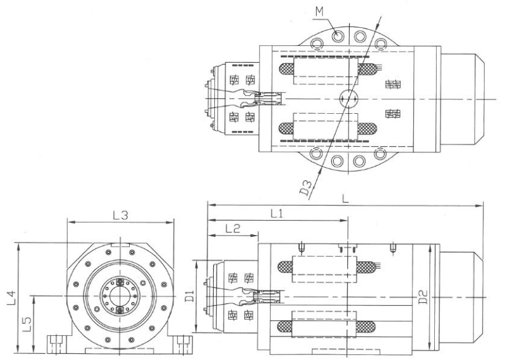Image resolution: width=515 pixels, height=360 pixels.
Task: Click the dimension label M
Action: [x=319, y=12]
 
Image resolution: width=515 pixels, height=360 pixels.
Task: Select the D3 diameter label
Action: [x=306, y=188]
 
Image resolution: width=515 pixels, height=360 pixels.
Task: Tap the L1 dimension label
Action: [x=276, y=214]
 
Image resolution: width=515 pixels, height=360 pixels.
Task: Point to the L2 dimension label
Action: [x=233, y=228]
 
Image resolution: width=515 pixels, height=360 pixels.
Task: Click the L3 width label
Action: [x=120, y=215]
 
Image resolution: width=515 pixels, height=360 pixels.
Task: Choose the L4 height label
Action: [x=12, y=297]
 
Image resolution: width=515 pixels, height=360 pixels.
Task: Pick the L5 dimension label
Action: [x=27, y=324]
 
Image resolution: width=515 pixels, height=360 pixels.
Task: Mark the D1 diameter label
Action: [x=189, y=297]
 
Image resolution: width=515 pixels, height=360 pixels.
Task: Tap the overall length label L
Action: [x=345, y=198]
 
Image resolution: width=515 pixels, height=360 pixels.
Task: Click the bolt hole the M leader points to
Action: [x=338, y=36]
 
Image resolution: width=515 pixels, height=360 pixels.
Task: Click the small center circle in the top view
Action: [x=349, y=98]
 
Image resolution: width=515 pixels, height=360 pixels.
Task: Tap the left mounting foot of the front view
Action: [x=59, y=344]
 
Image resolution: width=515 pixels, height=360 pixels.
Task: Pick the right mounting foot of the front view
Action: [x=181, y=344]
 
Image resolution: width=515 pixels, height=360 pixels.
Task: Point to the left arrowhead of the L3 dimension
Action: [x=71, y=222]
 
